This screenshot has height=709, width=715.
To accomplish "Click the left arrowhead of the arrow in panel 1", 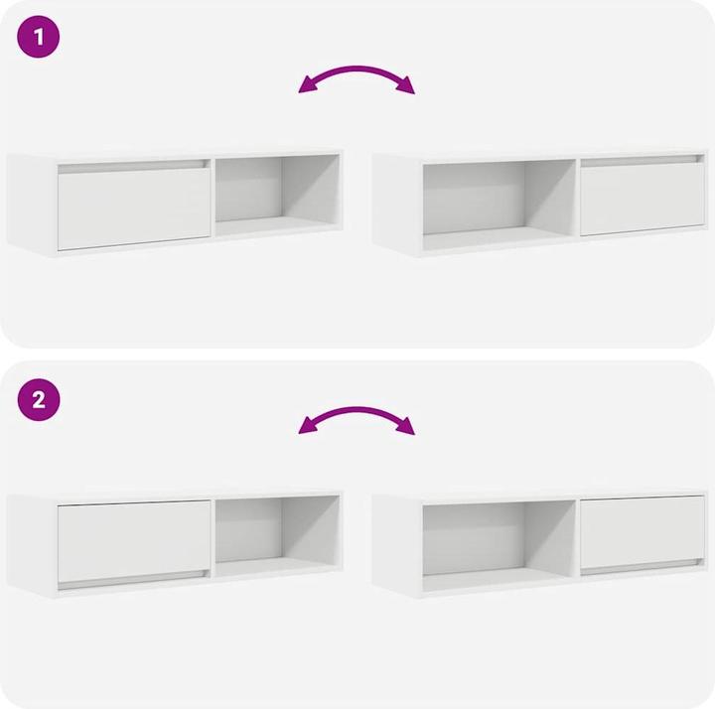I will [306, 87].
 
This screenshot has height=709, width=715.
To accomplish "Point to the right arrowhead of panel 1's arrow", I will [407, 87].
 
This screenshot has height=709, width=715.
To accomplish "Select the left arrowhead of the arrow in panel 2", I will [306, 428].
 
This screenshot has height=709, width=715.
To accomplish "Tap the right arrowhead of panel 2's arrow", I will [407, 428].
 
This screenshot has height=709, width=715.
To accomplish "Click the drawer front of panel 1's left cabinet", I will [133, 208].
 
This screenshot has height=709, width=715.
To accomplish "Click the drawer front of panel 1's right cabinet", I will [642, 199].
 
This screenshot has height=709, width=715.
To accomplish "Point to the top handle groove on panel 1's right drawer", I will [642, 160].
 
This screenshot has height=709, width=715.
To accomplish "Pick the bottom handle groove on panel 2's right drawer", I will [642, 568].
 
